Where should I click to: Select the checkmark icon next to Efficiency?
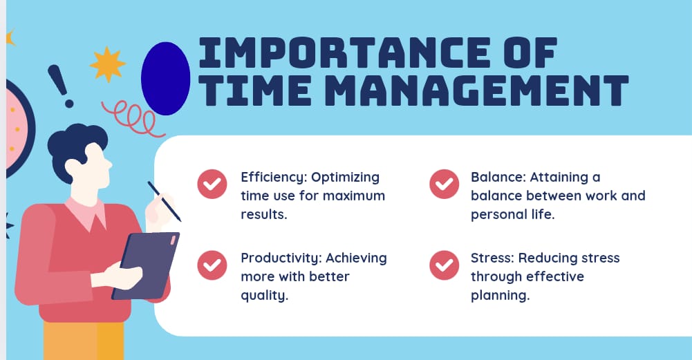click(x=212, y=184)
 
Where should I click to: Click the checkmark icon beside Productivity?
click(x=212, y=265)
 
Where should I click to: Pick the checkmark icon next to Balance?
click(x=444, y=184)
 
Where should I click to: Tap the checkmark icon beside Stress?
click(x=444, y=265)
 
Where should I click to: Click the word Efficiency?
click(x=270, y=177)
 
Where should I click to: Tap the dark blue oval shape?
click(x=165, y=78)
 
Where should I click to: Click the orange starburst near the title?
click(x=107, y=64)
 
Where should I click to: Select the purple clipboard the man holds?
click(x=147, y=266)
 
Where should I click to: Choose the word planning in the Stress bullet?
click(x=499, y=295)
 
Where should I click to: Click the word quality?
click(x=263, y=295)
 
